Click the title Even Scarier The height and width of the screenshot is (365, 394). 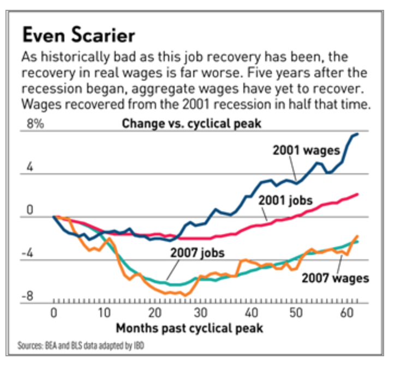coord(77,36)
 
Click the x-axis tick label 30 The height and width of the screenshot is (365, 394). coord(201,313)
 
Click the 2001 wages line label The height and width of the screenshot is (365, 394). coord(307,150)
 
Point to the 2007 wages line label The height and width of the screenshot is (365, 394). coord(335,278)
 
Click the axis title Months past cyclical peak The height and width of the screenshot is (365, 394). coord(189,328)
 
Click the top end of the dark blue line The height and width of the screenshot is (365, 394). coord(357,134)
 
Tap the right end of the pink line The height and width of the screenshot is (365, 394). coord(358,194)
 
